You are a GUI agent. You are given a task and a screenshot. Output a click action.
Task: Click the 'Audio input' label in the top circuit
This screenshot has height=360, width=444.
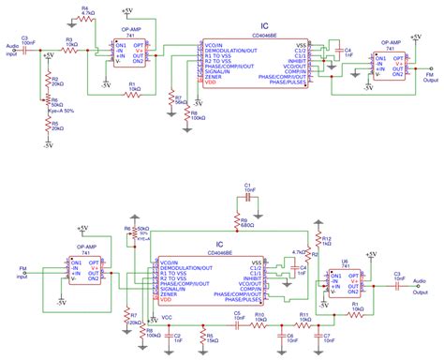(11, 51)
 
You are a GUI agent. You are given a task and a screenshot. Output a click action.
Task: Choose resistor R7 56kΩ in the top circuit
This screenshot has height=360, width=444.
(170, 99)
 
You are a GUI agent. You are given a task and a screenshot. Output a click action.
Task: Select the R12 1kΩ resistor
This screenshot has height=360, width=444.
(319, 241)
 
